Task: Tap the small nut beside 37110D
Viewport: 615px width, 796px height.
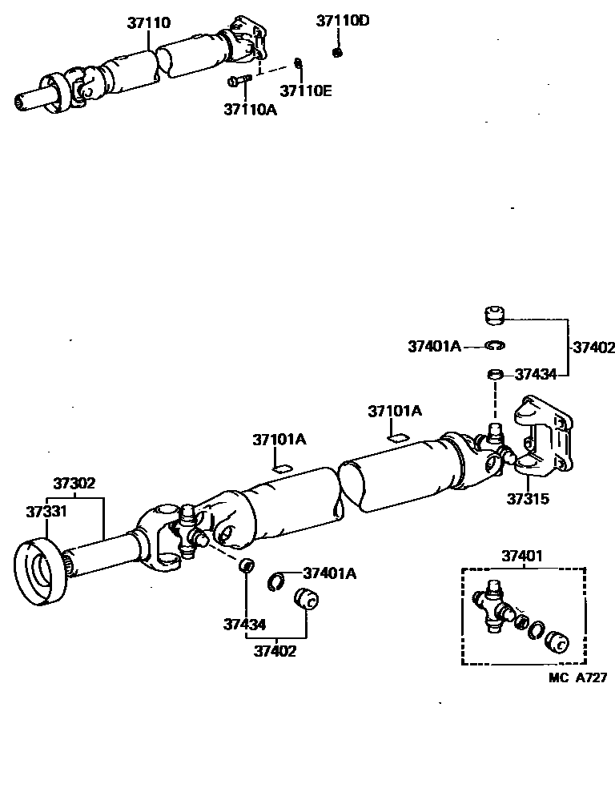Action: [x=337, y=53]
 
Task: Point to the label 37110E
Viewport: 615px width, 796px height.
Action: [x=306, y=90]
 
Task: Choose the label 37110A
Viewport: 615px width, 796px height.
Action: [x=250, y=109]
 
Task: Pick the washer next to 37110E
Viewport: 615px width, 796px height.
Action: [x=298, y=63]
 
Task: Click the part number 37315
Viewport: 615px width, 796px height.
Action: [x=528, y=499]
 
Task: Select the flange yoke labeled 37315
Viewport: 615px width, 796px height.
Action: [x=541, y=436]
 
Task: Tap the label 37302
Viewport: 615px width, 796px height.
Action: [x=74, y=483]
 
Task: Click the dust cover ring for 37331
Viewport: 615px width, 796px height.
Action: [x=40, y=574]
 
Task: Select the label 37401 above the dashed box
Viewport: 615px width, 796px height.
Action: [x=523, y=555]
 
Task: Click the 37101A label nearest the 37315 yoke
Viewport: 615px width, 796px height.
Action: [x=395, y=411]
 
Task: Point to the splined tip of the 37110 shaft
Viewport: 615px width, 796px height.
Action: [x=24, y=102]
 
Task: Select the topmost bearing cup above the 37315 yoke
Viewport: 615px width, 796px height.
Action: [x=496, y=315]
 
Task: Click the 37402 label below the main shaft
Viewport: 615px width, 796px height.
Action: [x=275, y=650]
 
